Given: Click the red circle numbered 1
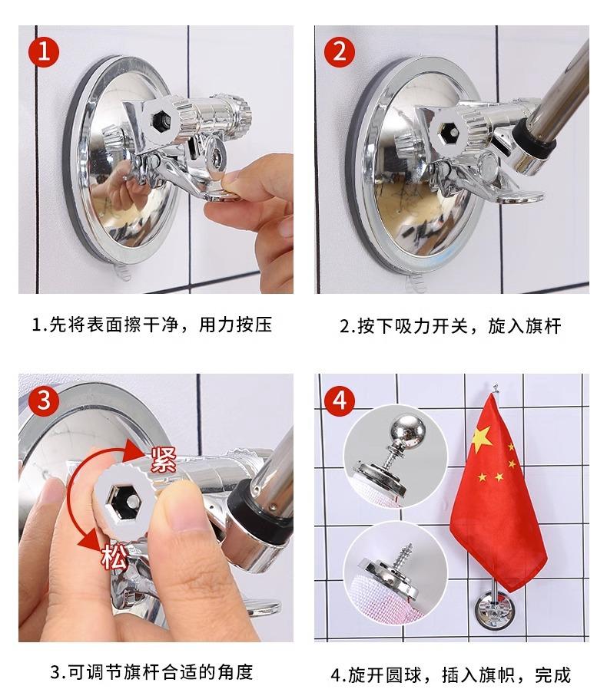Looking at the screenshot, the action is [x=44, y=51].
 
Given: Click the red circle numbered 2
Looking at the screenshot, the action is [x=340, y=51].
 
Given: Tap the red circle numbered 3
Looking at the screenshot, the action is [x=44, y=400].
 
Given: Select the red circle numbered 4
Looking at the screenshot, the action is [x=340, y=400].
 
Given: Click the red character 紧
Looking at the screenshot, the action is [x=164, y=460].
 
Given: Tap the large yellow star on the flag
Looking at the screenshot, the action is [x=482, y=438].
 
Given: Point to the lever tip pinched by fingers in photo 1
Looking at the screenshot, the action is [x=222, y=193].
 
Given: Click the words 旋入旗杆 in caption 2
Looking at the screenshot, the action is [x=525, y=326].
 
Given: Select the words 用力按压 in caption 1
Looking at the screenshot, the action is [x=235, y=325].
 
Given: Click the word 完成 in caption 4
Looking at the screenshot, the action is [x=552, y=675].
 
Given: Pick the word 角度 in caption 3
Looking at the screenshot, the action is [x=235, y=672].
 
